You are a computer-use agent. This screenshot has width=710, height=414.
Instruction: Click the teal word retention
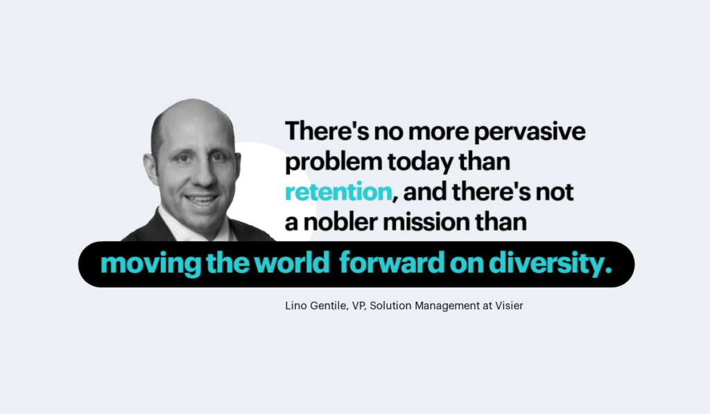(x=338, y=191)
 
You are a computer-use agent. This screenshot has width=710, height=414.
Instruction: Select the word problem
(x=334, y=162)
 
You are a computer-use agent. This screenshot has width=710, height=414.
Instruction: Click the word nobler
(x=340, y=222)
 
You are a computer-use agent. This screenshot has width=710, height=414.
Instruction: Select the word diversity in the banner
(x=546, y=264)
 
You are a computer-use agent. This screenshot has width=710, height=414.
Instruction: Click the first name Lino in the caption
(x=296, y=306)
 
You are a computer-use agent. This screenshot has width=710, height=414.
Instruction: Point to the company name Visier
(x=509, y=306)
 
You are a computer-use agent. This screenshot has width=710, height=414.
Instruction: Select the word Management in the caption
(x=447, y=307)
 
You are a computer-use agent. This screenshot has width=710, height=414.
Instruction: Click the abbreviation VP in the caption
(x=358, y=307)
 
